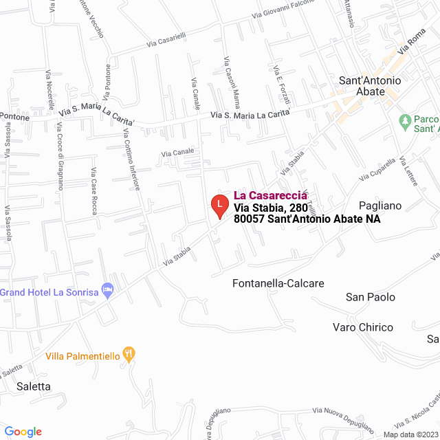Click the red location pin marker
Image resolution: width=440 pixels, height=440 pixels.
(219, 205)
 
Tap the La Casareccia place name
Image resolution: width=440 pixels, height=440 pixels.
(271, 195)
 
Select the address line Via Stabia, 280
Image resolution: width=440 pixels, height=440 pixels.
(269, 207)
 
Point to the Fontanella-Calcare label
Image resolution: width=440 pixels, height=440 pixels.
(278, 283)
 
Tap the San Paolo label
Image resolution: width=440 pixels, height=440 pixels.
(371, 297)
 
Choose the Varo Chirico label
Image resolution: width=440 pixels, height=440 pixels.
(362, 327)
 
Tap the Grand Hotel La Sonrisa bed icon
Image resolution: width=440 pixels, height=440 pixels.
(108, 291)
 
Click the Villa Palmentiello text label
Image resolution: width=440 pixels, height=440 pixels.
(82, 356)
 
